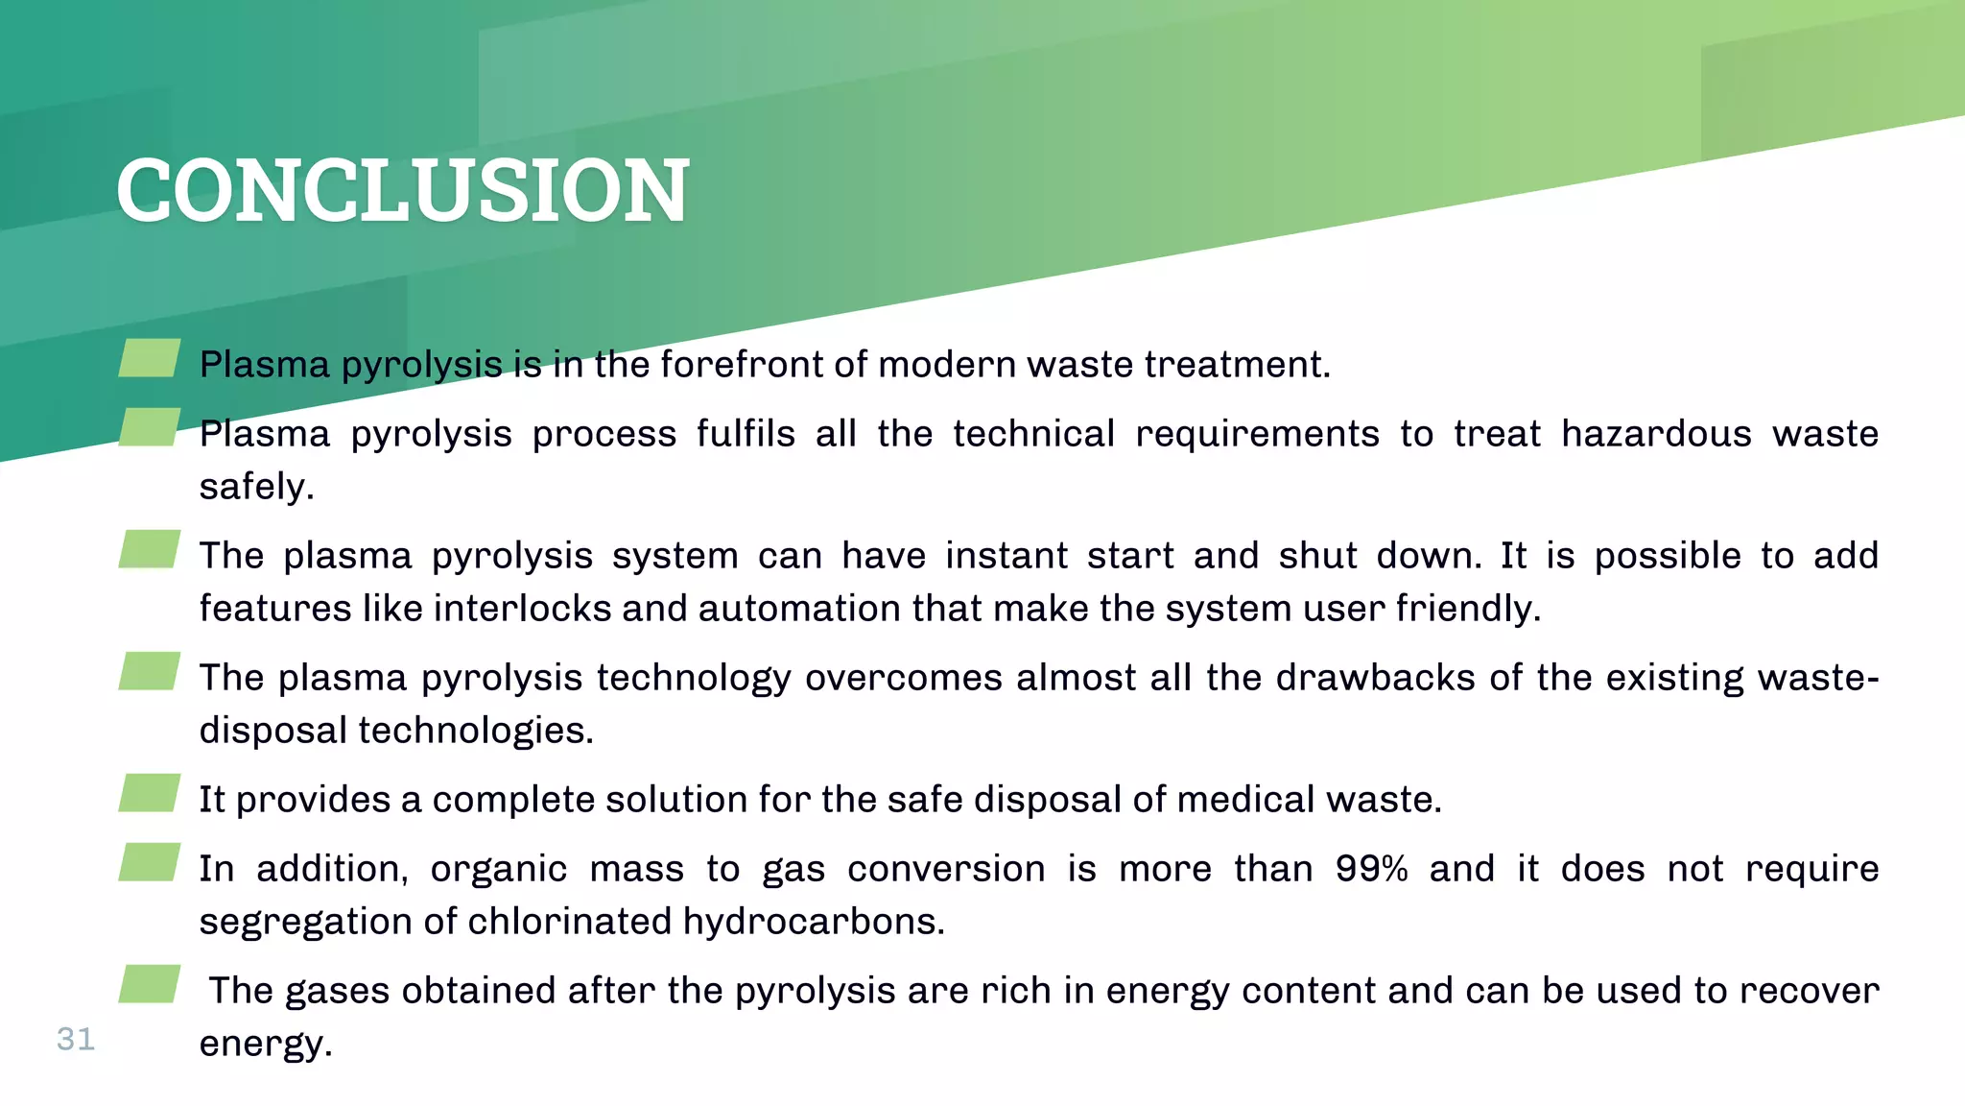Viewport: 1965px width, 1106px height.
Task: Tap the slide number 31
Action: tap(76, 1039)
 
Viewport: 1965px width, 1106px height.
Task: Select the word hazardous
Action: tap(1655, 434)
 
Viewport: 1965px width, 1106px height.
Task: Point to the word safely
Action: tap(256, 487)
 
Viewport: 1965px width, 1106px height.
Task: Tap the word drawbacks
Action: tap(1374, 678)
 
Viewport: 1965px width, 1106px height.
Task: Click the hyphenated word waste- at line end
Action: tap(1817, 678)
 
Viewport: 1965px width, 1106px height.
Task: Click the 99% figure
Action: tap(1371, 869)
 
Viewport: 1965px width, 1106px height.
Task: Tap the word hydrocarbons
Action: tap(814, 922)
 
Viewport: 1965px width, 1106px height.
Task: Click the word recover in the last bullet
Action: tap(1809, 991)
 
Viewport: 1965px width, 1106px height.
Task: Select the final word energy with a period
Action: tap(265, 1044)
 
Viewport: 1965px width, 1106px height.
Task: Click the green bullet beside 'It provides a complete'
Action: tap(150, 793)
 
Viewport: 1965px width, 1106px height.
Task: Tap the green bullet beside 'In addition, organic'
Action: tap(150, 862)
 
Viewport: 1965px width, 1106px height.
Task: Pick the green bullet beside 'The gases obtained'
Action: tap(150, 984)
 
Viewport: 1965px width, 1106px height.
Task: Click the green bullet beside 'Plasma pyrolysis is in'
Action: tap(150, 358)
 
